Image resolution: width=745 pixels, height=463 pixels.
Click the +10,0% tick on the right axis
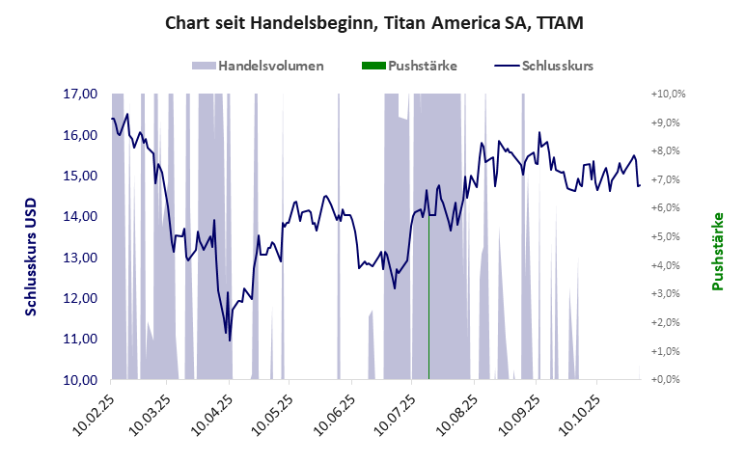coord(668,95)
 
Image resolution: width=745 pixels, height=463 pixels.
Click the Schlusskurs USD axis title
coord(31,250)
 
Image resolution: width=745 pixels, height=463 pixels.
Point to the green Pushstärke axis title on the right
coord(717,252)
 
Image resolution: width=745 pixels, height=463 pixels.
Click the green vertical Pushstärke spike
coord(428,289)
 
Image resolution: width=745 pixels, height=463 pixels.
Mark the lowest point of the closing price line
coord(230,340)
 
